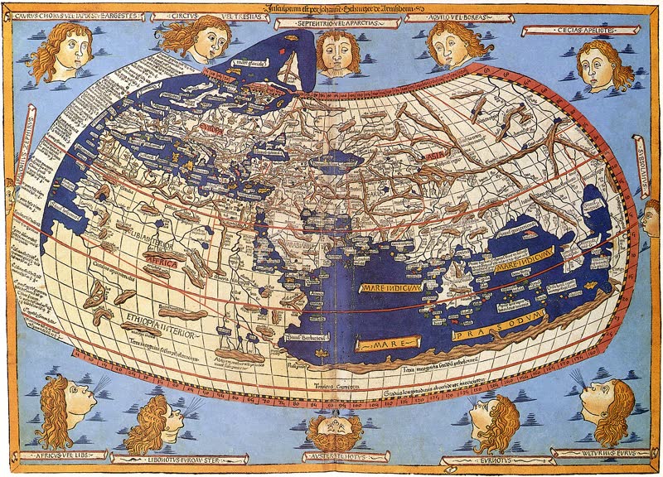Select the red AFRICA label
point(165,258)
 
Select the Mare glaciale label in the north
point(249,62)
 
